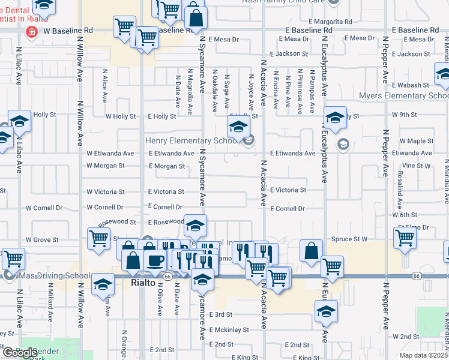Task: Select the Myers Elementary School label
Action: (403, 96)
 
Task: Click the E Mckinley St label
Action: (229, 329)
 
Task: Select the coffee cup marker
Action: (155, 260)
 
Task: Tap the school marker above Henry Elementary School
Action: (238, 127)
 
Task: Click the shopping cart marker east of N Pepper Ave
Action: (405, 238)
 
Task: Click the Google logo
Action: (19, 353)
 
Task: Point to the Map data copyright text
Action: (424, 355)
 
